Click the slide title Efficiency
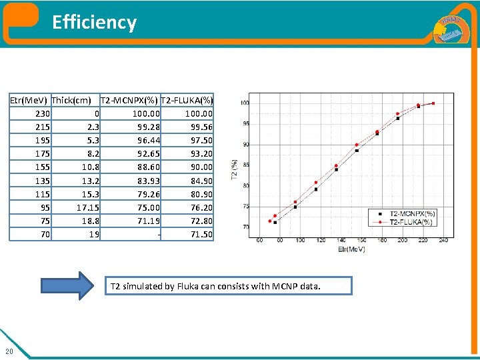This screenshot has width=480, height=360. click(94, 23)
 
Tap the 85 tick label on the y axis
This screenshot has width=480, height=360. click(245, 165)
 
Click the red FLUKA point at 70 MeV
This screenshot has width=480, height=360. click(270, 221)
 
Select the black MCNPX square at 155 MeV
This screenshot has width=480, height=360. click(357, 151)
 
